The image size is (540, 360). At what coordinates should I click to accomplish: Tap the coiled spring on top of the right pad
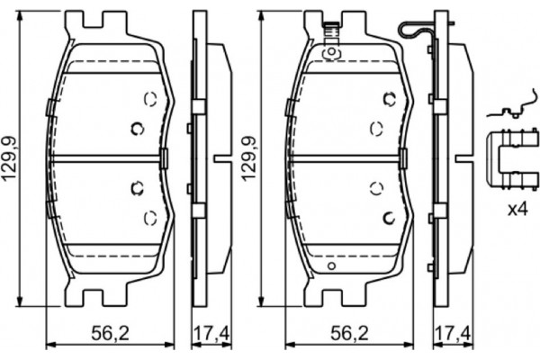coord(331,34)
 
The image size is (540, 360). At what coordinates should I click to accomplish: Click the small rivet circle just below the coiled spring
coord(330,52)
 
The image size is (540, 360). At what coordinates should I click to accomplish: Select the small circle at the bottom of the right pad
coord(331,267)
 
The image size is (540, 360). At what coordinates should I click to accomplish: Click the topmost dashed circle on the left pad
coord(150,99)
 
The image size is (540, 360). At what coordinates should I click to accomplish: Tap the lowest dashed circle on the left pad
coord(150,216)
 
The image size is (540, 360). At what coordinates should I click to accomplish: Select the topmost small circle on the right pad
coord(389,98)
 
